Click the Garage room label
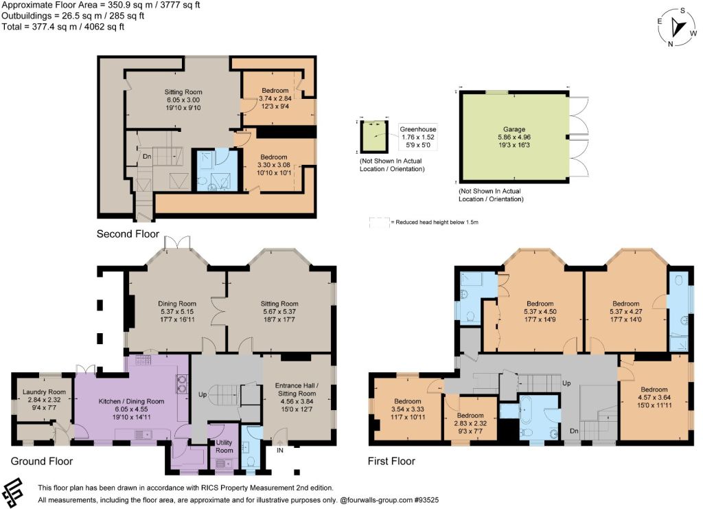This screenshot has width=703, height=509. pyautogui.click(x=514, y=129)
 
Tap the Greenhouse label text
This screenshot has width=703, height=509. pyautogui.click(x=418, y=129)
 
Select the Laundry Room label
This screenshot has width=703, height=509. pyautogui.click(x=44, y=392)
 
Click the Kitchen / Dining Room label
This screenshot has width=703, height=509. pyautogui.click(x=131, y=401)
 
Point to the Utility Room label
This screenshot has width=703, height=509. pyautogui.click(x=224, y=446)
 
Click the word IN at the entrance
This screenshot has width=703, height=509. pyautogui.click(x=280, y=450)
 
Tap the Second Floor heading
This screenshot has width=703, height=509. pyautogui.click(x=128, y=234)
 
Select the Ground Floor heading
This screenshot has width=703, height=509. pyautogui.click(x=42, y=461)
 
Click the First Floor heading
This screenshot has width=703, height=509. pyautogui.click(x=391, y=461)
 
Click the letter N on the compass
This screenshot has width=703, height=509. pyautogui.click(x=670, y=43)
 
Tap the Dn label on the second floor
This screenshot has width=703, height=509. pyautogui.click(x=147, y=157)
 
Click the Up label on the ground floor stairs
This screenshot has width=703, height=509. pyautogui.click(x=203, y=395)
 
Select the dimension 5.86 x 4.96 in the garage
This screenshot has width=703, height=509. pyautogui.click(x=514, y=137)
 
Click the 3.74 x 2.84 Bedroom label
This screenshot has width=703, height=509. pyautogui.click(x=275, y=98)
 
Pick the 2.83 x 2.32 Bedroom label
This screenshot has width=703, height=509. pyautogui.click(x=470, y=423)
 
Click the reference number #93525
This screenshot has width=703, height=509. pyautogui.click(x=426, y=499)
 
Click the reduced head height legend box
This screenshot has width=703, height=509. pyautogui.click(x=379, y=223)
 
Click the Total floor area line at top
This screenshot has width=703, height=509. pyautogui.click(x=62, y=27)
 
